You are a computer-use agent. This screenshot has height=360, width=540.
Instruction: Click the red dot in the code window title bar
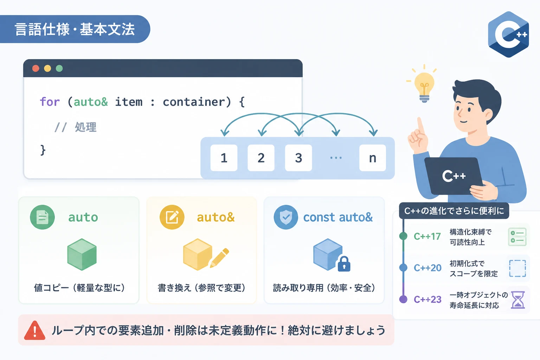coord(36,69)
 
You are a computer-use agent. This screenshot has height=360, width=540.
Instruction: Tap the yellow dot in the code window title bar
coord(47,69)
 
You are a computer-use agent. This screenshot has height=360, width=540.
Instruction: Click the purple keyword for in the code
coord(50,102)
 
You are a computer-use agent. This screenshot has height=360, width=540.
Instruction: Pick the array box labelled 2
coord(261,158)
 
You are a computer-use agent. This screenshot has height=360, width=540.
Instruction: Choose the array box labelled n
coord(373,158)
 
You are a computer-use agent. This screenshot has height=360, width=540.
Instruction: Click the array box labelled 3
coord(298,158)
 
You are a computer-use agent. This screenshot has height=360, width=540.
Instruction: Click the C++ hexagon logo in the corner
coord(508,34)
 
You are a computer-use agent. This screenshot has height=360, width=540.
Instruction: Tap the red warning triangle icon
coord(35,330)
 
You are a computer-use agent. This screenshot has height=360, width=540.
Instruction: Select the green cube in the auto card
coord(82,255)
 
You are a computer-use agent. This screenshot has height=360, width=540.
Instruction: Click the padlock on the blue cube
coord(344,264)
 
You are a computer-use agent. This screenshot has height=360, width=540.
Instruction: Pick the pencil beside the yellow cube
coord(219,258)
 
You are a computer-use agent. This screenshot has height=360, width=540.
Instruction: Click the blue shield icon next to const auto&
coord(286,217)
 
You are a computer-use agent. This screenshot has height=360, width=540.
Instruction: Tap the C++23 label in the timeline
coord(427,300)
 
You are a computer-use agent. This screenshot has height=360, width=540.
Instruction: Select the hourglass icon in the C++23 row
coord(518,300)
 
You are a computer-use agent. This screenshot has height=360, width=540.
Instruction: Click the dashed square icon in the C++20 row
coord(517,268)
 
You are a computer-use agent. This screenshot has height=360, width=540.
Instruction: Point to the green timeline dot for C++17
coord(403,236)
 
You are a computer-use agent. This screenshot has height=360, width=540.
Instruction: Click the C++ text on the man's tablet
coord(454,176)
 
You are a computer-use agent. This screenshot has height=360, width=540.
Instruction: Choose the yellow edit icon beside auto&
coord(172,217)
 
